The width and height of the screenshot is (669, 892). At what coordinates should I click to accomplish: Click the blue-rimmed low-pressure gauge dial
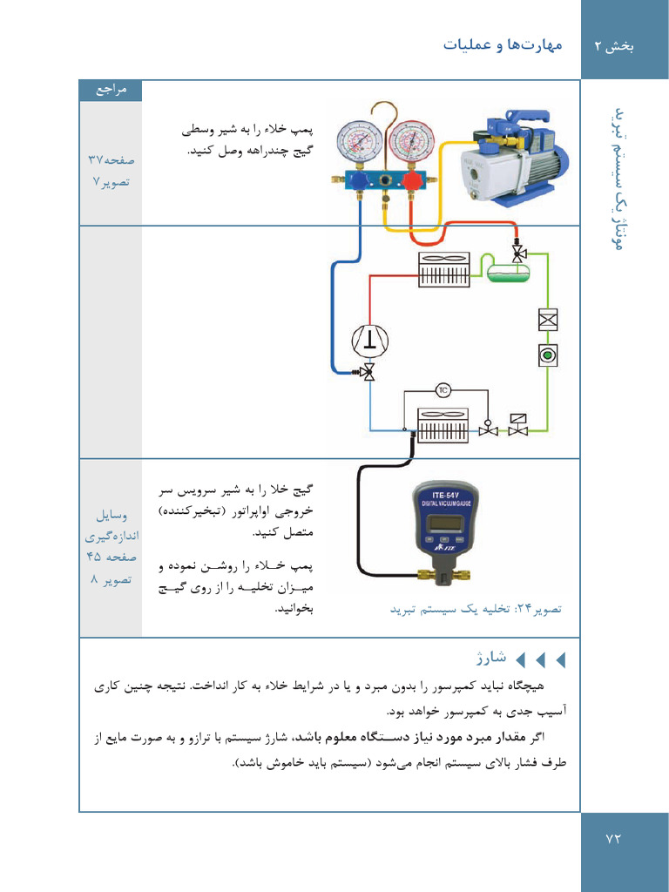click(360, 143)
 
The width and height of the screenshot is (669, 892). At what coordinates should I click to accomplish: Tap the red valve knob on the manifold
click(407, 181)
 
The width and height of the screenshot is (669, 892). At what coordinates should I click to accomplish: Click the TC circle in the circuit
click(443, 389)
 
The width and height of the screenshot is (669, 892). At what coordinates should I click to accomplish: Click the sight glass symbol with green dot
click(547, 355)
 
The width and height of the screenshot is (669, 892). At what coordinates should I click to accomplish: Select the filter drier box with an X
click(547, 319)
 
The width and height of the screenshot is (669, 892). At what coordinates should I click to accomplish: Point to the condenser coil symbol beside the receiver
click(444, 270)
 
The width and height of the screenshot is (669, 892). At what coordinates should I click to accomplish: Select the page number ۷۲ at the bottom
click(615, 838)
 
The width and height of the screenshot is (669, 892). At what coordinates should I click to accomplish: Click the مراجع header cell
click(111, 91)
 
